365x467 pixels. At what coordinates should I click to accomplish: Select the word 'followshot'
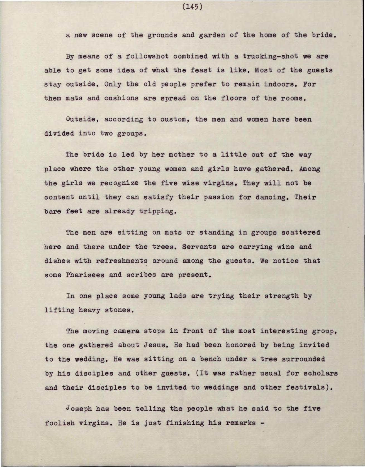(147, 56)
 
